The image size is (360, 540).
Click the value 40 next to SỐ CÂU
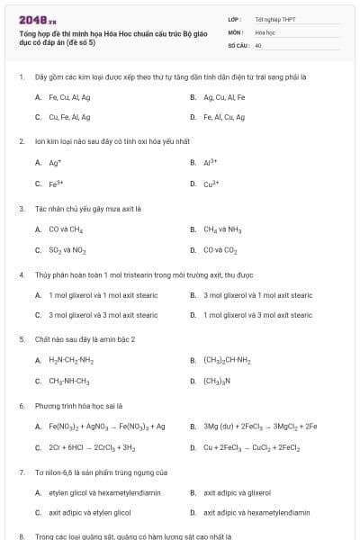pos(258,44)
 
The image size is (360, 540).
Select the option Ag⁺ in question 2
pos(55,163)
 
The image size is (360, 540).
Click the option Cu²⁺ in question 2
pos(211,184)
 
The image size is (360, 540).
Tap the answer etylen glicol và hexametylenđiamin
pos(94,492)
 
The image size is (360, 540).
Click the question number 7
pos(22,472)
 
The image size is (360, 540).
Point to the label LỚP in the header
pos(234,19)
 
